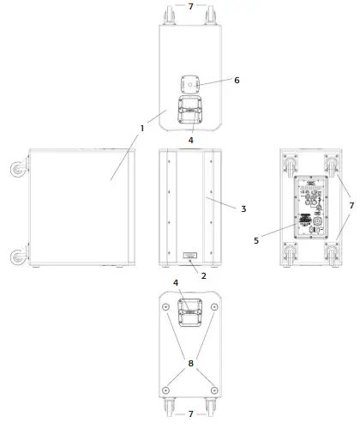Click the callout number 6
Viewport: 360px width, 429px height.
point(237,80)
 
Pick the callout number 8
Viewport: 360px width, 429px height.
point(191,363)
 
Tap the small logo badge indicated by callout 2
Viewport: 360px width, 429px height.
point(190,255)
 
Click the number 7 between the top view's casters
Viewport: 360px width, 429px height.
point(190,6)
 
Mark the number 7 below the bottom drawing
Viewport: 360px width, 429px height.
point(190,414)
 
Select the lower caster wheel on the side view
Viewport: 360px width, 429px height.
point(18,256)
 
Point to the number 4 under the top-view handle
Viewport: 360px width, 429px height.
point(190,138)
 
